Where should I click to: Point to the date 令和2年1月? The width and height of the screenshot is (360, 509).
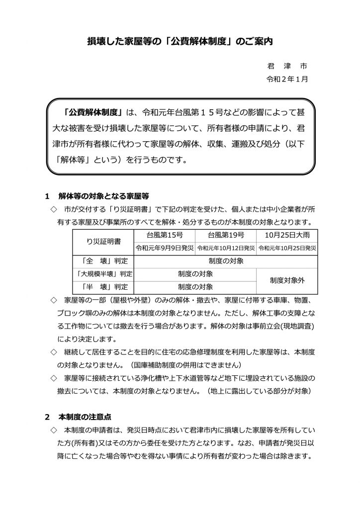coord(288,79)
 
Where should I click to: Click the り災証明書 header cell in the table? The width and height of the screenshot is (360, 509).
coord(103,241)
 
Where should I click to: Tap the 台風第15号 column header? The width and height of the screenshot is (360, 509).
coord(164,235)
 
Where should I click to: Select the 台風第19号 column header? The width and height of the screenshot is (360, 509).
coord(226,235)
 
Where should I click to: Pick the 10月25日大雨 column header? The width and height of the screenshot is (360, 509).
coord(287,235)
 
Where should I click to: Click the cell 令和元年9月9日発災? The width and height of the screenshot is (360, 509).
coord(164,248)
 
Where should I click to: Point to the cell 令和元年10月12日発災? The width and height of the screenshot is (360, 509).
coord(226,248)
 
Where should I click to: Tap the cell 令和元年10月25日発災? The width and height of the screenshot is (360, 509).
coord(287,248)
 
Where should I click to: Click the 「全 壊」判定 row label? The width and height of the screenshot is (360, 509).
coord(103,260)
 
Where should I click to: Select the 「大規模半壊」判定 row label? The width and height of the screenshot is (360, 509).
coord(103,273)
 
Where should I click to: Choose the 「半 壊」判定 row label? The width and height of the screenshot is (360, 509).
coord(103,286)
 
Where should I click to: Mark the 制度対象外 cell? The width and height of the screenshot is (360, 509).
coord(287,280)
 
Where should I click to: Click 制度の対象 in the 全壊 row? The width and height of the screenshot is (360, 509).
coord(226,260)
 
